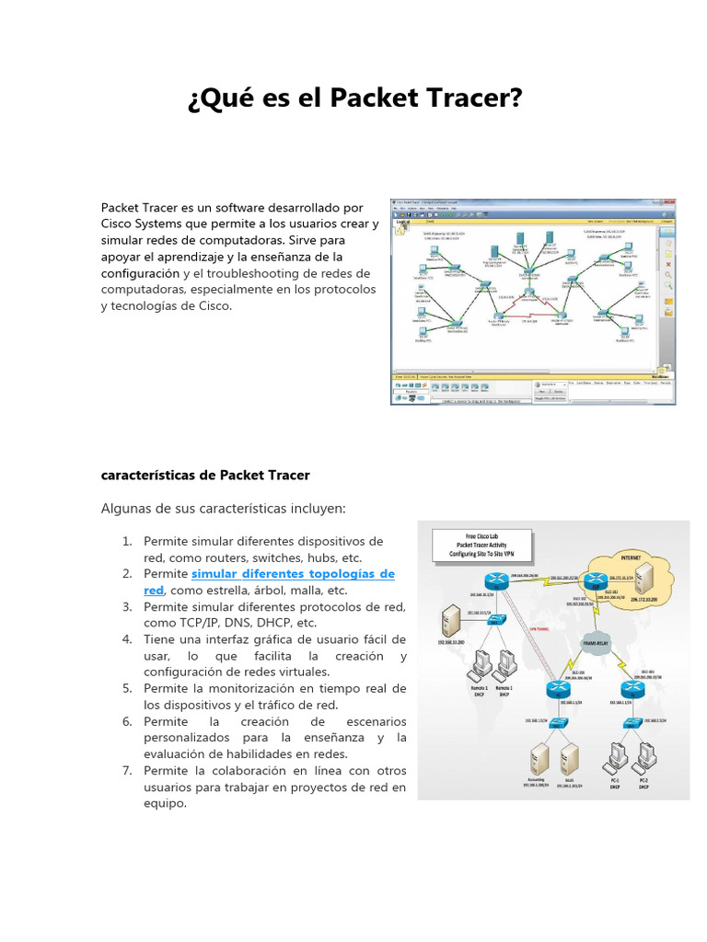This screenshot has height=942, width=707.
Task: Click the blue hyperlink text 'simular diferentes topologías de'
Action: pyautogui.click(x=293, y=573)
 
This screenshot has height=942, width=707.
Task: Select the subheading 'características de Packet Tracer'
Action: pyautogui.click(x=205, y=475)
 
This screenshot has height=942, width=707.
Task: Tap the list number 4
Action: pyautogui.click(x=128, y=638)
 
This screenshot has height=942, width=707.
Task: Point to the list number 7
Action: pyautogui.click(x=128, y=770)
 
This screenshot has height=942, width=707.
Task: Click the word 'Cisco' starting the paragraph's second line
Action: pyautogui.click(x=119, y=224)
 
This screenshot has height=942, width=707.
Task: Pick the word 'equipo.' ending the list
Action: pyautogui.click(x=165, y=803)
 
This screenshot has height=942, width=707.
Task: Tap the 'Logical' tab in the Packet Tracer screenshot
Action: pyautogui.click(x=402, y=222)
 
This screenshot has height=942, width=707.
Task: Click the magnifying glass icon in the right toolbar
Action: pyautogui.click(x=667, y=274)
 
